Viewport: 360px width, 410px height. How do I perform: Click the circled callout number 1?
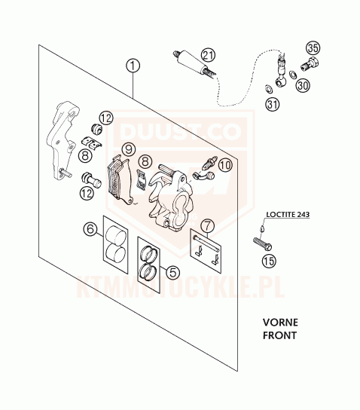click(133, 66)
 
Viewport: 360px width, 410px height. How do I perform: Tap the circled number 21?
click(208, 56)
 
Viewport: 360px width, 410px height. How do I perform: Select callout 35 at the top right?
click(313, 48)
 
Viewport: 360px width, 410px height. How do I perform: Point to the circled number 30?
click(303, 85)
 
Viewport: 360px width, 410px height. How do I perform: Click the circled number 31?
click(273, 104)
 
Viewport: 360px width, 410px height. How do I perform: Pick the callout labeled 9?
click(129, 149)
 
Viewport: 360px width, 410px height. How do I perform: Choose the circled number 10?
click(225, 165)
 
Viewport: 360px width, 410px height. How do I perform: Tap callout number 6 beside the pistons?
click(90, 229)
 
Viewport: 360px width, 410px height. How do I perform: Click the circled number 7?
click(207, 225)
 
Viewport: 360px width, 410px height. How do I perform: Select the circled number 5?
click(172, 273)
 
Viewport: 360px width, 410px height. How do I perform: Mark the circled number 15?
click(269, 261)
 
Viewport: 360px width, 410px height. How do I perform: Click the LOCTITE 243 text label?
click(288, 214)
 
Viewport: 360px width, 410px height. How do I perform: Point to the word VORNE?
click(280, 323)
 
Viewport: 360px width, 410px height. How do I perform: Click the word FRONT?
click(280, 335)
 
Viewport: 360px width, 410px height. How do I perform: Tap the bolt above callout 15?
click(262, 243)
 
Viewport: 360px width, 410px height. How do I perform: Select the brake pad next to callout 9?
click(121, 180)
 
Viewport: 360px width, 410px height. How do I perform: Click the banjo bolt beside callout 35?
click(310, 64)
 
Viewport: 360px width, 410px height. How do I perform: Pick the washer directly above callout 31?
click(269, 89)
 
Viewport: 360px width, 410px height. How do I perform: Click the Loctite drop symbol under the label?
click(262, 228)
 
